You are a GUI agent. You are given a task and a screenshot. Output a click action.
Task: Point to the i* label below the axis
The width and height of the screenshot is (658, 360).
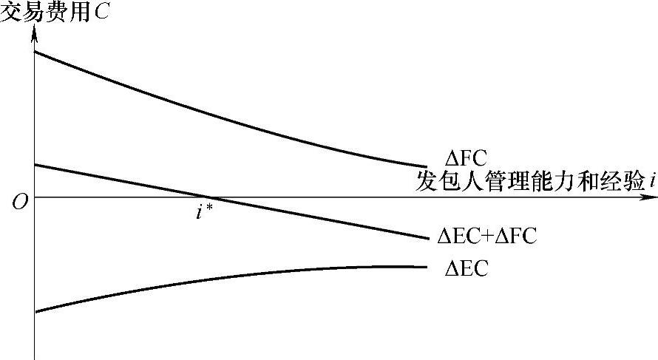204,212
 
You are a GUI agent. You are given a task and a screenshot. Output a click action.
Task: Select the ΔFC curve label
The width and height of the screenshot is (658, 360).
465,157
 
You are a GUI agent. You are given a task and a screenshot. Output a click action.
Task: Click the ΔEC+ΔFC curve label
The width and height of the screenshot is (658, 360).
486,237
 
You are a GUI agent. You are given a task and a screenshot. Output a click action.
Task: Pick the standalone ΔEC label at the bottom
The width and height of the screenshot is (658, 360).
466,269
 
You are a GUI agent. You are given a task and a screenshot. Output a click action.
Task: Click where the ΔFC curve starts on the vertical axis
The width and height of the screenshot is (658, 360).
35,52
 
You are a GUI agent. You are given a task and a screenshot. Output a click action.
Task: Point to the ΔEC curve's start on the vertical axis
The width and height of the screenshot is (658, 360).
35,311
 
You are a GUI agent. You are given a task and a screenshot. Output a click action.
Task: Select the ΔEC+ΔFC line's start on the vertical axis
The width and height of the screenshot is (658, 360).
35,164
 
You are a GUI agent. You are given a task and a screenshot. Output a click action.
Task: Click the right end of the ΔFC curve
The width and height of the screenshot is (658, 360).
427,167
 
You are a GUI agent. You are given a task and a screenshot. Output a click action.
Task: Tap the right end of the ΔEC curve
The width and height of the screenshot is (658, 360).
427,267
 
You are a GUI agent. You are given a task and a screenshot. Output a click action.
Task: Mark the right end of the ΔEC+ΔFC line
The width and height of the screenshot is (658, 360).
428,238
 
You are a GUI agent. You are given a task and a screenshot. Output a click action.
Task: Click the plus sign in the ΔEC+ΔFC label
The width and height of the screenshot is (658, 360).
490,237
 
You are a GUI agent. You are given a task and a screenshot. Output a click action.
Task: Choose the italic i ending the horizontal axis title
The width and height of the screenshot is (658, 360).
653,183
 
